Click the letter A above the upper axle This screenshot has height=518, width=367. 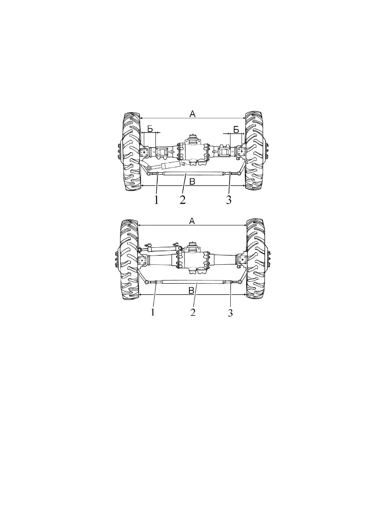[193, 114]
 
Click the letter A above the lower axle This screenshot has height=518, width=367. [192, 221]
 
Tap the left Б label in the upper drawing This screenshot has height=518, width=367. [150, 129]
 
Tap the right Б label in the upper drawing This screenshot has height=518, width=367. [236, 129]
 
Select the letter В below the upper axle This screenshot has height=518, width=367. [192, 182]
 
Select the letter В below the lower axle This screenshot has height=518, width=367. [191, 290]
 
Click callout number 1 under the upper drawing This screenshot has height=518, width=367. [156, 200]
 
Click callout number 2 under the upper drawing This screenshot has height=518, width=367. [182, 200]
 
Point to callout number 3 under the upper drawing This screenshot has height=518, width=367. [229, 200]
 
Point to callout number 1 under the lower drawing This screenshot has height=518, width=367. [153, 312]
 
